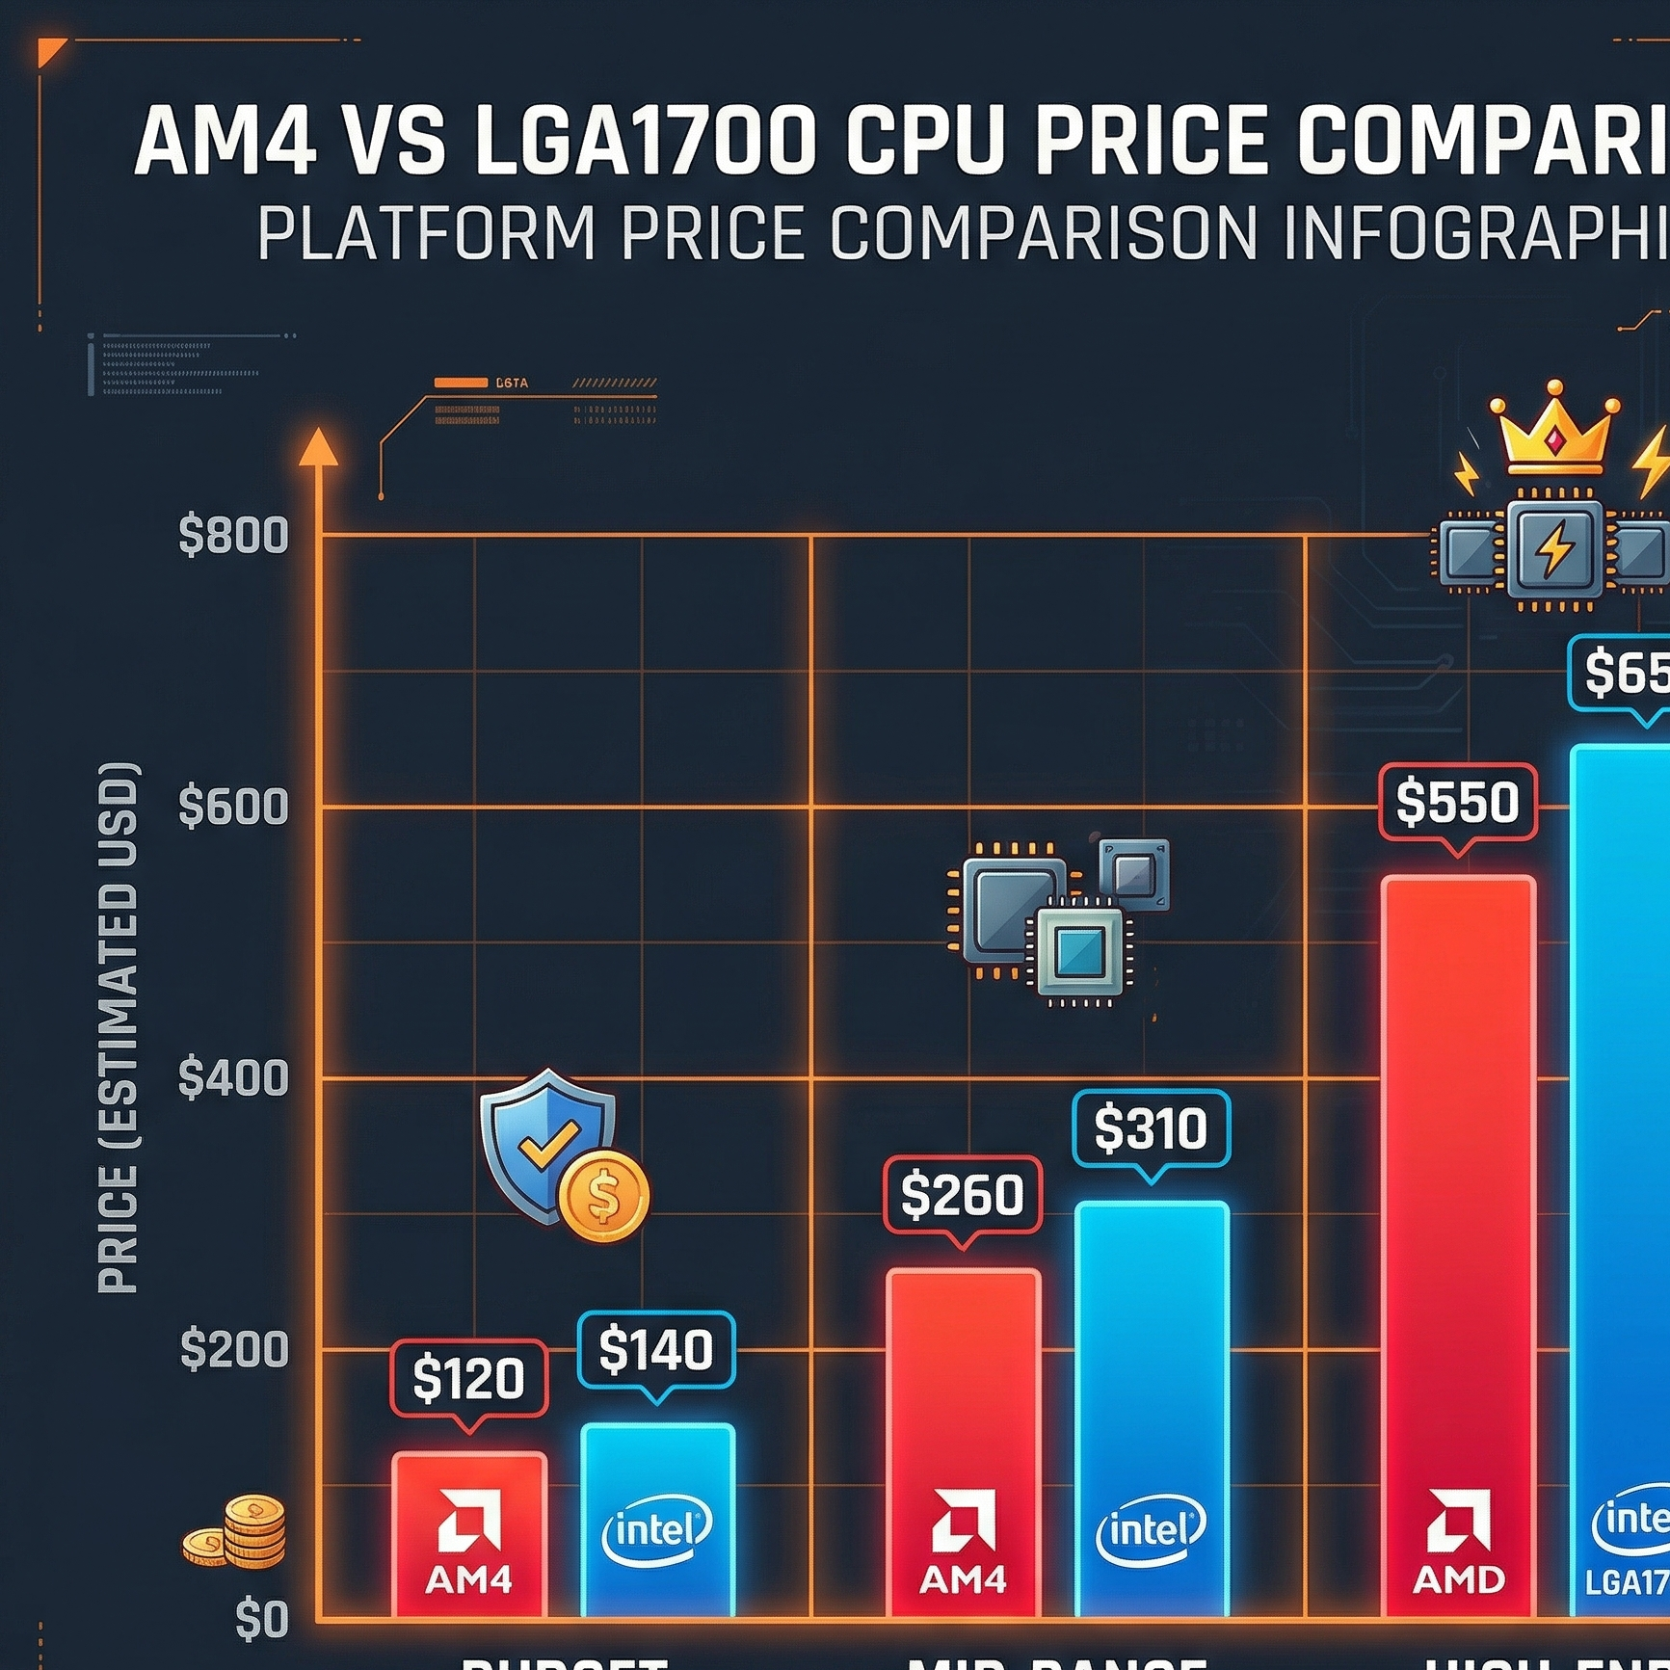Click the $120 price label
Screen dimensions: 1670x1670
(x=468, y=1378)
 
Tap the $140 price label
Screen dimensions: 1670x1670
(x=655, y=1349)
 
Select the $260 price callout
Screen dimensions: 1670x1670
(x=962, y=1195)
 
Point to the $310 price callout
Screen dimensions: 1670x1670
(x=1151, y=1128)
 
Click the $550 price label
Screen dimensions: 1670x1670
(x=1457, y=802)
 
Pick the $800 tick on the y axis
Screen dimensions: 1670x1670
(x=234, y=535)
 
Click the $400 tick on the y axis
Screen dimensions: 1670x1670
(x=234, y=1077)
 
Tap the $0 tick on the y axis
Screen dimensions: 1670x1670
(x=261, y=1619)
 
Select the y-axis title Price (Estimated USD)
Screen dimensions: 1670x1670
(x=119, y=1027)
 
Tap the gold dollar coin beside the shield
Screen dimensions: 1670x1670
(x=603, y=1196)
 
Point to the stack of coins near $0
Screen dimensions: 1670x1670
(x=239, y=1533)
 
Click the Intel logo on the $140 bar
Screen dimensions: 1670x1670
(x=657, y=1530)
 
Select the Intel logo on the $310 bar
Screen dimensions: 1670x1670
(x=1151, y=1530)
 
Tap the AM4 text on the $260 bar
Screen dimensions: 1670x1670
(x=962, y=1579)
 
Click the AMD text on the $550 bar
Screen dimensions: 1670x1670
(x=1458, y=1579)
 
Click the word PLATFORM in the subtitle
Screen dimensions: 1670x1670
(x=427, y=233)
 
